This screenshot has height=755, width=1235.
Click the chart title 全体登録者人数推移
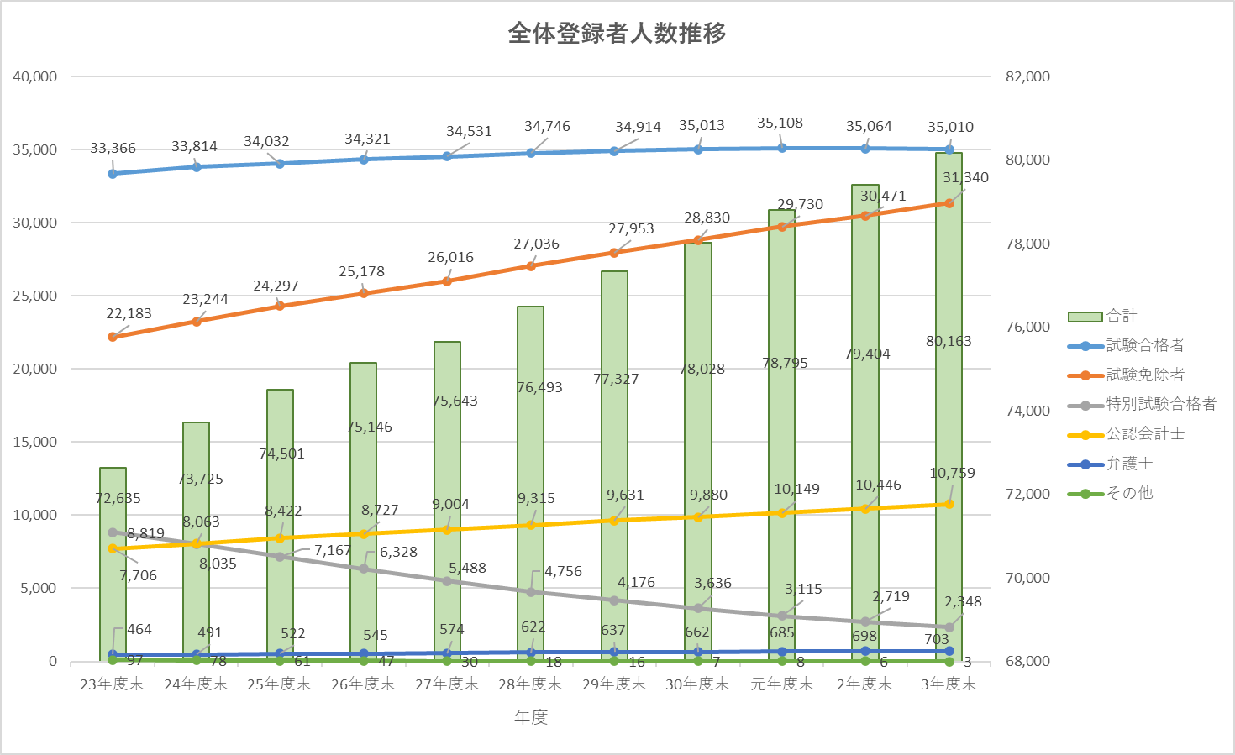pos(617,34)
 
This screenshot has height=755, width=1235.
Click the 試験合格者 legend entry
pos(1144,345)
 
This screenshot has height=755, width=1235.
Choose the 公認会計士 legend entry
pos(1144,433)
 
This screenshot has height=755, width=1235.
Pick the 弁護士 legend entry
pos(1128,464)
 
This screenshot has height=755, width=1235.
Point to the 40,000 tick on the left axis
pos(35,76)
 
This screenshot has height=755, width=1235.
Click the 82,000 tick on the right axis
pos(1027,76)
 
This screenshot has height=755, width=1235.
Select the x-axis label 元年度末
pos(781,684)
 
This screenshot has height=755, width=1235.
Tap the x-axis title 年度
pos(531,716)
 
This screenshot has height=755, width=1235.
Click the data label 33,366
pos(113,149)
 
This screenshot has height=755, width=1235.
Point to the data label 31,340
pos(965,177)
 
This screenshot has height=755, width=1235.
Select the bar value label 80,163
pos(949,341)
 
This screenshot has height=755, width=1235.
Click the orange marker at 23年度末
pos(113,337)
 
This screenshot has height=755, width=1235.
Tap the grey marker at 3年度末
pos(949,627)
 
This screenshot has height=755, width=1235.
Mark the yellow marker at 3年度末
pos(949,504)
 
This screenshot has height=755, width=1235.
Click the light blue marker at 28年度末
pos(531,153)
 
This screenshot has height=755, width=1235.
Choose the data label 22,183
pos(129,313)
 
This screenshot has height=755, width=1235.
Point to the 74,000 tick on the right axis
pos(1027,411)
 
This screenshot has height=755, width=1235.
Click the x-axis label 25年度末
pos(279,684)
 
